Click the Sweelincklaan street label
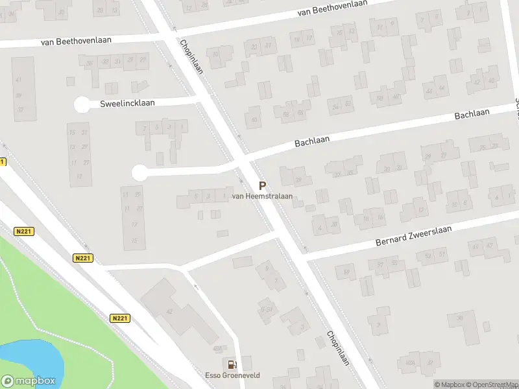(127, 104)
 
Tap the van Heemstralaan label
(262, 196)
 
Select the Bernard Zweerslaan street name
(412, 236)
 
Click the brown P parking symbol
(262, 185)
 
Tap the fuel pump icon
(230, 364)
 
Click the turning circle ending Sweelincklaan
(82, 104)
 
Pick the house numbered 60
(254, 119)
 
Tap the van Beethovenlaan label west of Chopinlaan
(76, 40)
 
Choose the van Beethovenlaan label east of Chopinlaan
(332, 8)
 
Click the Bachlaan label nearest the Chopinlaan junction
(313, 140)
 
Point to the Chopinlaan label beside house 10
(192, 57)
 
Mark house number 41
(18, 79)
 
